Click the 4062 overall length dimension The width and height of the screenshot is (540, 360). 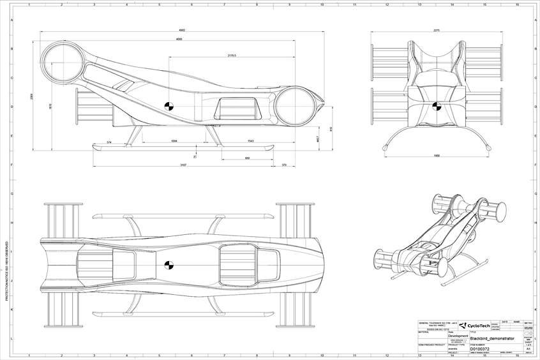point(182,30)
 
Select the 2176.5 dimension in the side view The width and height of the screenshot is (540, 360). point(232,56)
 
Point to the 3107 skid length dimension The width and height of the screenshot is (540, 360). point(183,165)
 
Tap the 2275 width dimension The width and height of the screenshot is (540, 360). point(437,30)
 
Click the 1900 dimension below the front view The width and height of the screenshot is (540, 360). point(437,155)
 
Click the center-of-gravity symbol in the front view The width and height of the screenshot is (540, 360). point(437,106)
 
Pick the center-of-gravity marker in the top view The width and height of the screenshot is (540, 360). point(169,266)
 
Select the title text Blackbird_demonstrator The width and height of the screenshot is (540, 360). point(491,339)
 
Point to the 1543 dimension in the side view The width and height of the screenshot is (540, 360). point(250,140)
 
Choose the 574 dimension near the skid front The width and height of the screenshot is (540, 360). point(109,141)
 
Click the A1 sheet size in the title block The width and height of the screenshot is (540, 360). point(528,349)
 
